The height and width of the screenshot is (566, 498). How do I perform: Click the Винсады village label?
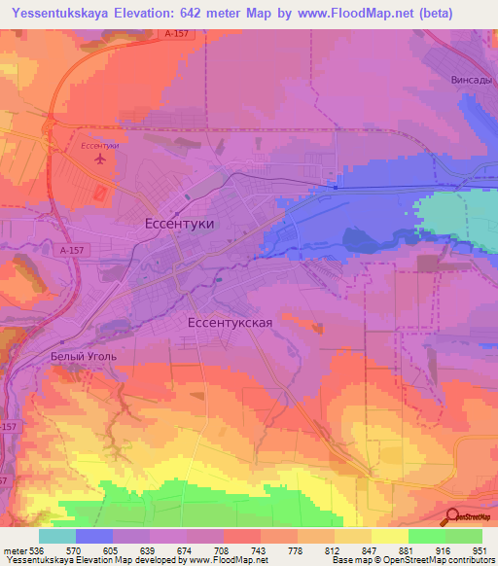[x=472, y=80]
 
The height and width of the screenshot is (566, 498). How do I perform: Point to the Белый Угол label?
[x=84, y=357]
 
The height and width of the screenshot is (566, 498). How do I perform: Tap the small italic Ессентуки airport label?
[x=99, y=145]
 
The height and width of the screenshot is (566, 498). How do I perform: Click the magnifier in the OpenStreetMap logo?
[x=453, y=516]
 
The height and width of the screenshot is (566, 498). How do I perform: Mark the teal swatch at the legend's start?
[x=57, y=536]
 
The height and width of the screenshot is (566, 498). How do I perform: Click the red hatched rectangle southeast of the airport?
[x=100, y=194]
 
